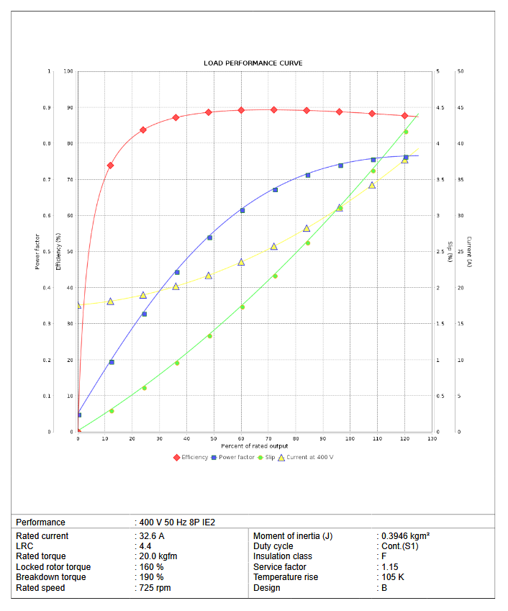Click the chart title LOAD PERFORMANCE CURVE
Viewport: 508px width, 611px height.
tap(253, 63)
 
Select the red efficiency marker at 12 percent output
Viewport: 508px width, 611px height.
tap(110, 166)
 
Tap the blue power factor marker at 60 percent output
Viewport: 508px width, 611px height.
tap(242, 210)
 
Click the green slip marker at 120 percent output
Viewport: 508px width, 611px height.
tap(405, 132)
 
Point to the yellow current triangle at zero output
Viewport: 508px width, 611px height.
tap(78, 305)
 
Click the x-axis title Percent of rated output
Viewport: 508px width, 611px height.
tap(255, 446)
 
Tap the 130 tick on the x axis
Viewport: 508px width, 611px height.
tap(432, 438)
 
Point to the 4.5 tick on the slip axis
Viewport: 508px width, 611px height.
tap(440, 108)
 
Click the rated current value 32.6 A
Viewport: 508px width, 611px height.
tap(151, 536)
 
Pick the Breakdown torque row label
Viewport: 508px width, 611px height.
tap(50, 577)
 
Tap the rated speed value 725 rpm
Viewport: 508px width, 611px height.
tap(155, 588)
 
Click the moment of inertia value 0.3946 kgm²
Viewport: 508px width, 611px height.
tap(404, 536)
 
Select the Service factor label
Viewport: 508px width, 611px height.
tap(281, 567)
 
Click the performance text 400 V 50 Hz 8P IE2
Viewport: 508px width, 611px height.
tap(176, 522)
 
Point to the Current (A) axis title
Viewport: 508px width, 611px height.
tap(468, 252)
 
